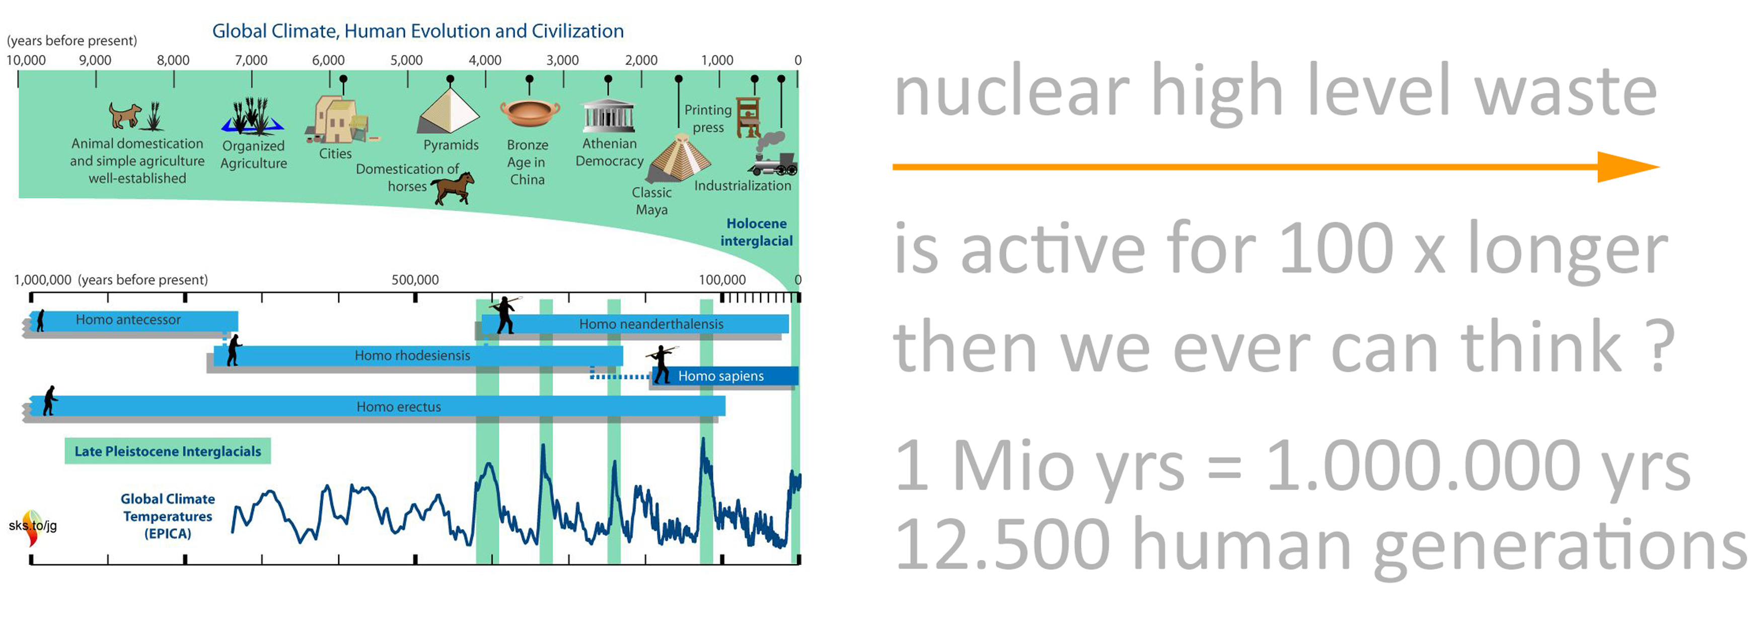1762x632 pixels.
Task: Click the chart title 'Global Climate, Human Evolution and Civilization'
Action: [418, 31]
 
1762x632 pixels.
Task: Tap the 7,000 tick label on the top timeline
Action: [251, 60]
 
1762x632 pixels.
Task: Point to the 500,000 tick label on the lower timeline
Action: [415, 280]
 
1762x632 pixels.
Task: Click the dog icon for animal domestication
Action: [124, 115]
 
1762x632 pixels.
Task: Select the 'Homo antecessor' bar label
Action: [128, 319]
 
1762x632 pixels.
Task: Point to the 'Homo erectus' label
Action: [399, 407]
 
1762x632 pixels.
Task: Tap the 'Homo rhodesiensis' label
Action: [412, 356]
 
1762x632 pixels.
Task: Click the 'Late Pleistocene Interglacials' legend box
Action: [168, 451]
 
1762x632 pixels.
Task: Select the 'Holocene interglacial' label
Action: [757, 232]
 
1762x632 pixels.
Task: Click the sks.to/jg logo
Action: [32, 527]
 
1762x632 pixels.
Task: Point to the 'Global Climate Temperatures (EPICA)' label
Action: [168, 516]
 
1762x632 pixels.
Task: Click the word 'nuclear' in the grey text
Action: [1011, 92]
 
